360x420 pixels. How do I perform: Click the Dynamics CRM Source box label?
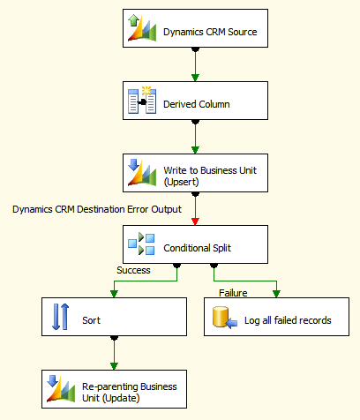[210, 32]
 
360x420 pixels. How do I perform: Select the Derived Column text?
[197, 104]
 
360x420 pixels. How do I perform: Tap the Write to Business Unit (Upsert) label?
[210, 176]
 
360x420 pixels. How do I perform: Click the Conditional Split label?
[197, 248]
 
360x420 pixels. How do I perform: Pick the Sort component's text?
[91, 320]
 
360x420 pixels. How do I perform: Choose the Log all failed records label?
[288, 320]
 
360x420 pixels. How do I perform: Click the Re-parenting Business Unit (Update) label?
[130, 392]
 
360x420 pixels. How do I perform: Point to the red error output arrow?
[195, 208]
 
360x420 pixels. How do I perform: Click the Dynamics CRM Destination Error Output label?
[97, 209]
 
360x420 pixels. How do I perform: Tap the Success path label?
[133, 270]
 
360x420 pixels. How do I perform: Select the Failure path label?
[233, 293]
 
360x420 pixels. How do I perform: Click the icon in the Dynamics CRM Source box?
[142, 28]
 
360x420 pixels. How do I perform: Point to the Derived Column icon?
[142, 101]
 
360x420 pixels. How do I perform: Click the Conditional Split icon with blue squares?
[141, 244]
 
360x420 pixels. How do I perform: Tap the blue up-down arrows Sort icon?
[61, 317]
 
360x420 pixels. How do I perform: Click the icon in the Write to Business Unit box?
[142, 172]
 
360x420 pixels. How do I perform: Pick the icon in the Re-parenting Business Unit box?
[61, 388]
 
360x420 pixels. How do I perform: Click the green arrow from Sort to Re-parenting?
[114, 353]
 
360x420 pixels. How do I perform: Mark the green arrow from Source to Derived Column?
[195, 64]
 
